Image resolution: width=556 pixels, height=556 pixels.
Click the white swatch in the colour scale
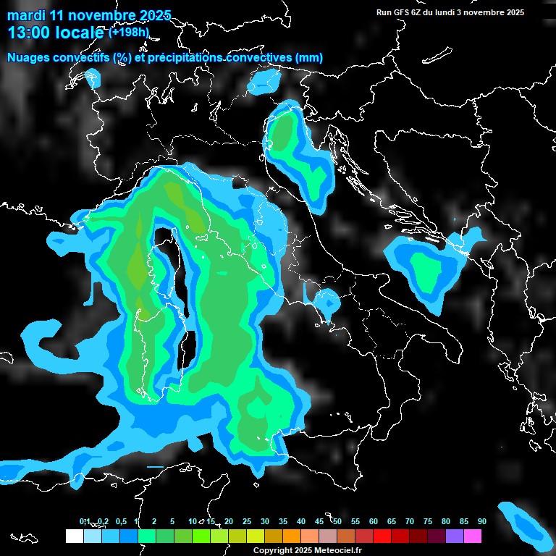(75, 536)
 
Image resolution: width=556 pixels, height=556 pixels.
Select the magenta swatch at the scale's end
(473, 536)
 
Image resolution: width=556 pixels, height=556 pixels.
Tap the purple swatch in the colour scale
(455, 536)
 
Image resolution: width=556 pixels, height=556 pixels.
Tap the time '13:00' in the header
(28, 33)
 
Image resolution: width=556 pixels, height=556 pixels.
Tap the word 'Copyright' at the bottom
(273, 551)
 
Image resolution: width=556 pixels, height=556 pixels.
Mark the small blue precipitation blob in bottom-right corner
(523, 523)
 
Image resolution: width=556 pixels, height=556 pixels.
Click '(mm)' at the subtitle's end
(308, 58)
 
